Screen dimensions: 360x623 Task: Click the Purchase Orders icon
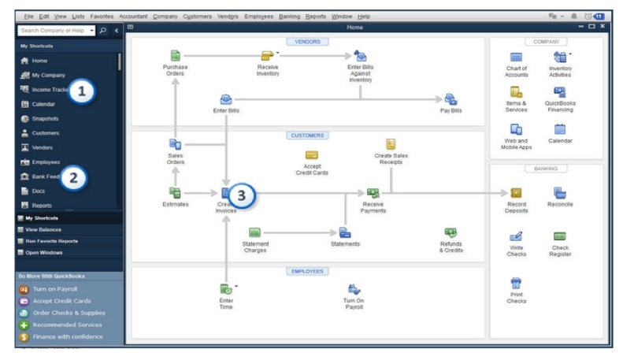tap(176, 56)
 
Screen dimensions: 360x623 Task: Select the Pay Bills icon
tap(451, 99)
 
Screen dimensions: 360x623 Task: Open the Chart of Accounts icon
tap(517, 58)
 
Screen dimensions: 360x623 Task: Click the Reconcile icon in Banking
tap(560, 192)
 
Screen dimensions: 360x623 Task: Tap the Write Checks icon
tap(517, 236)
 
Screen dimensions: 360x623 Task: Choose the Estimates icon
tap(176, 192)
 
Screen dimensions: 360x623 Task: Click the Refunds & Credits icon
tap(451, 232)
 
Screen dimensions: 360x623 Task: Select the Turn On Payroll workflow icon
tap(354, 290)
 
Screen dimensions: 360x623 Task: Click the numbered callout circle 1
tap(82, 92)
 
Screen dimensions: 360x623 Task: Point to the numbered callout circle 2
tap(73, 177)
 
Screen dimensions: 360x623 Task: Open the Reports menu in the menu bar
tap(315, 16)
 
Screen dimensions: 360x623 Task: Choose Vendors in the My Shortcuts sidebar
tap(43, 147)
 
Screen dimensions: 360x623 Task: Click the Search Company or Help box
tap(52, 30)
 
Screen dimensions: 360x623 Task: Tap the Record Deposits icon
tap(517, 192)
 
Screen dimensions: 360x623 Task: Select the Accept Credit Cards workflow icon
tap(311, 155)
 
